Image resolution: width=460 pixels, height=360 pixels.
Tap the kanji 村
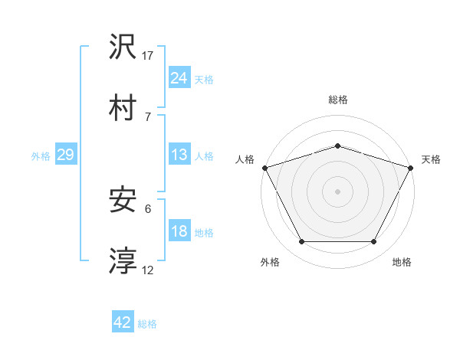tap(123, 107)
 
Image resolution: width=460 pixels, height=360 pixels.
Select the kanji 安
tap(123, 201)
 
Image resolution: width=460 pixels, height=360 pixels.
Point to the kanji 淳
tap(123, 260)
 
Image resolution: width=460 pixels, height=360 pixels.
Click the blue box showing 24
tap(179, 77)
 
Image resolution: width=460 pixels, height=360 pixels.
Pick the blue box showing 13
tap(179, 155)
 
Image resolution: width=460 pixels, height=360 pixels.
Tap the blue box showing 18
tap(179, 231)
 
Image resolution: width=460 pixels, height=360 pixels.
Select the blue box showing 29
tap(65, 155)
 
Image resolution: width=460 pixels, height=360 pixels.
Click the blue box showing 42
tap(123, 322)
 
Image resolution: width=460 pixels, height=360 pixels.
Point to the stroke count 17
tap(148, 55)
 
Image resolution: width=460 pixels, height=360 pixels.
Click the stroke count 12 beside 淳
tap(148, 270)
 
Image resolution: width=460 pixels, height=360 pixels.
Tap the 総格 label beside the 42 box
tap(147, 324)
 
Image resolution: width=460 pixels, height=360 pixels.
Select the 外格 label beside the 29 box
tap(41, 156)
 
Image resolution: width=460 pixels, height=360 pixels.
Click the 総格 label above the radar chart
tap(338, 100)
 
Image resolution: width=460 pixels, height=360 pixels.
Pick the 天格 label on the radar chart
tap(431, 159)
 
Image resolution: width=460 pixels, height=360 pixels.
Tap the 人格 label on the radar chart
tap(245, 159)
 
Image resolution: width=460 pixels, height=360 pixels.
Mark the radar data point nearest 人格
tap(264, 168)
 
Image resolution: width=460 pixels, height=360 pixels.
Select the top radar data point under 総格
tap(337, 146)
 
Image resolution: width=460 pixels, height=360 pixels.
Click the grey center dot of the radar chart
tap(337, 191)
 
